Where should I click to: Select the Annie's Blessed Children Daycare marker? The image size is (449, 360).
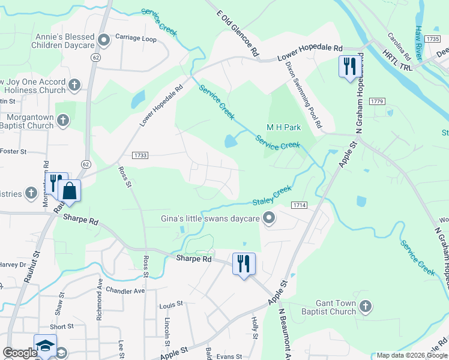pos(104,41)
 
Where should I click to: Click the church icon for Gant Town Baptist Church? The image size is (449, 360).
pos(366,307)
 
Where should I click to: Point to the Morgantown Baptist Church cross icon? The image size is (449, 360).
pos(63,122)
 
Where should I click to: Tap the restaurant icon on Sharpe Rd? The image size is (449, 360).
pos(244,264)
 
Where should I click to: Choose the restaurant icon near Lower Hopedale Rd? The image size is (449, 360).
pos(349,65)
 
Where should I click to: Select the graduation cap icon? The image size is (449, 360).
pos(45,346)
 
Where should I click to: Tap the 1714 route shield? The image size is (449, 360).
pos(300,205)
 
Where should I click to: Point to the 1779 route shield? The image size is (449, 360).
pos(376,101)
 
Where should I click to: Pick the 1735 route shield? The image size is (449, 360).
pos(432,38)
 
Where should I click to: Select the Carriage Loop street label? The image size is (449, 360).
pos(136,38)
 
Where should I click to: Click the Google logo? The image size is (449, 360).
pos(20,353)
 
